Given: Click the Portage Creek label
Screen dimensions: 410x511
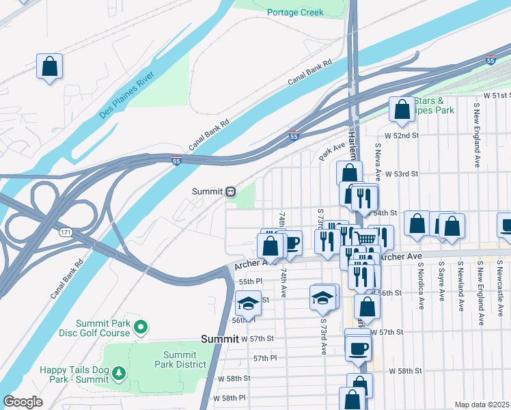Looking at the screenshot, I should click(x=295, y=12).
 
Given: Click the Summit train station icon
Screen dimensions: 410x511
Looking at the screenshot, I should click(x=232, y=191).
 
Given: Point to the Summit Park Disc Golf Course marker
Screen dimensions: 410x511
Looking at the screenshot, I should click(x=141, y=328).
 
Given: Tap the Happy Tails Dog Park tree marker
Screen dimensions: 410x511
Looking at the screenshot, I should click(x=119, y=372).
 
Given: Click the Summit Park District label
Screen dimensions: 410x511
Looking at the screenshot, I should click(x=180, y=359).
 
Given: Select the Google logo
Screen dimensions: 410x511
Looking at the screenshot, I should click(x=23, y=402).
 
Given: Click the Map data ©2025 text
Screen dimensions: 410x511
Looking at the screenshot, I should click(x=482, y=405).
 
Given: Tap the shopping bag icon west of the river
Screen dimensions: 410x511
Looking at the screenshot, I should click(x=50, y=67).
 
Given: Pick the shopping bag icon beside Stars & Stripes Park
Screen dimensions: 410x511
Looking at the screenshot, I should click(x=402, y=109).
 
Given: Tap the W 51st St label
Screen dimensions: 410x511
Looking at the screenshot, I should click(x=496, y=95).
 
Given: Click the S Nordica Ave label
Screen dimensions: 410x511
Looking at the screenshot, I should click(x=422, y=283).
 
